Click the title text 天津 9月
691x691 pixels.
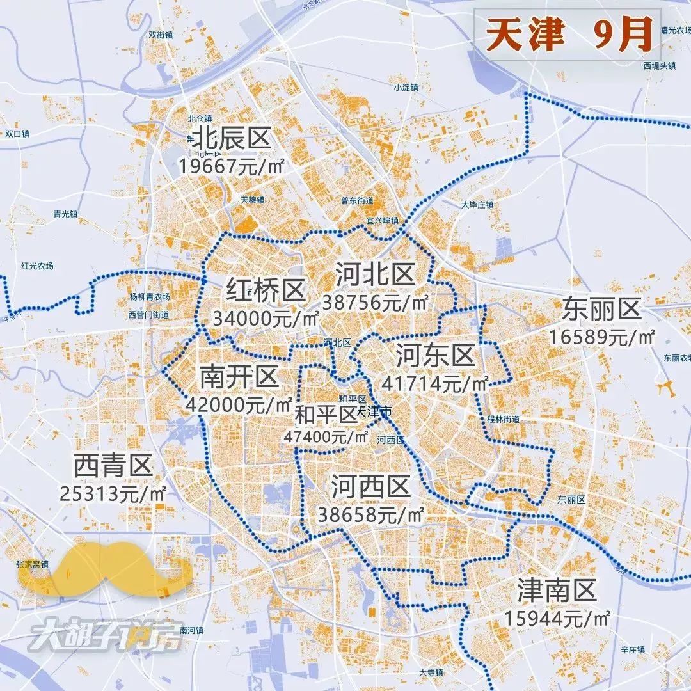[x=568, y=35]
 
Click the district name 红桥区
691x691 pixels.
[x=266, y=291]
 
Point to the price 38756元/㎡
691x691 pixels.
[x=376, y=302]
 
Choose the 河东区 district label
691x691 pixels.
[x=435, y=354]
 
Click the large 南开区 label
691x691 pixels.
[x=239, y=377]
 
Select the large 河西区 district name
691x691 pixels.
[x=370, y=488]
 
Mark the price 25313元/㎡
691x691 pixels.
[x=113, y=493]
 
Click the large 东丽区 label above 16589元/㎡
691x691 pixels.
[x=601, y=310]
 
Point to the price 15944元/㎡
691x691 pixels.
[x=557, y=619]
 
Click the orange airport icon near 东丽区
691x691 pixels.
[x=669, y=387]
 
